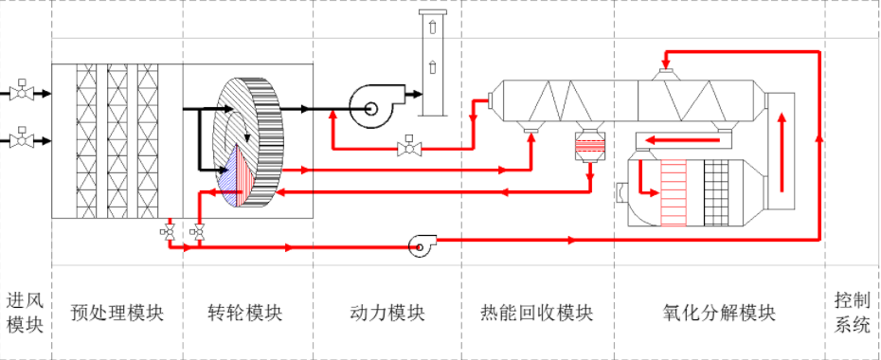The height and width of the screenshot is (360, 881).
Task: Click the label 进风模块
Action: click(x=25, y=313)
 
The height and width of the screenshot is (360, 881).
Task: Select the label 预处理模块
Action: click(x=117, y=313)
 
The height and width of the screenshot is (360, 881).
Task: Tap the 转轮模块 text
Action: click(x=245, y=313)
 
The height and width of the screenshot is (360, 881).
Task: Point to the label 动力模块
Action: click(x=387, y=313)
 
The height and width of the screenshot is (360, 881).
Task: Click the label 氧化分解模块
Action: click(x=720, y=313)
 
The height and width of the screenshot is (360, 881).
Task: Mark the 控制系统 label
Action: click(x=852, y=313)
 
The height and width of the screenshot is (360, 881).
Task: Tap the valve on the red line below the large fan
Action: click(x=409, y=148)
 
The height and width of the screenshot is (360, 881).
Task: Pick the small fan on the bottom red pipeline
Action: click(x=419, y=246)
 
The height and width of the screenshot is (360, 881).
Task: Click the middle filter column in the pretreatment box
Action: click(x=117, y=141)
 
